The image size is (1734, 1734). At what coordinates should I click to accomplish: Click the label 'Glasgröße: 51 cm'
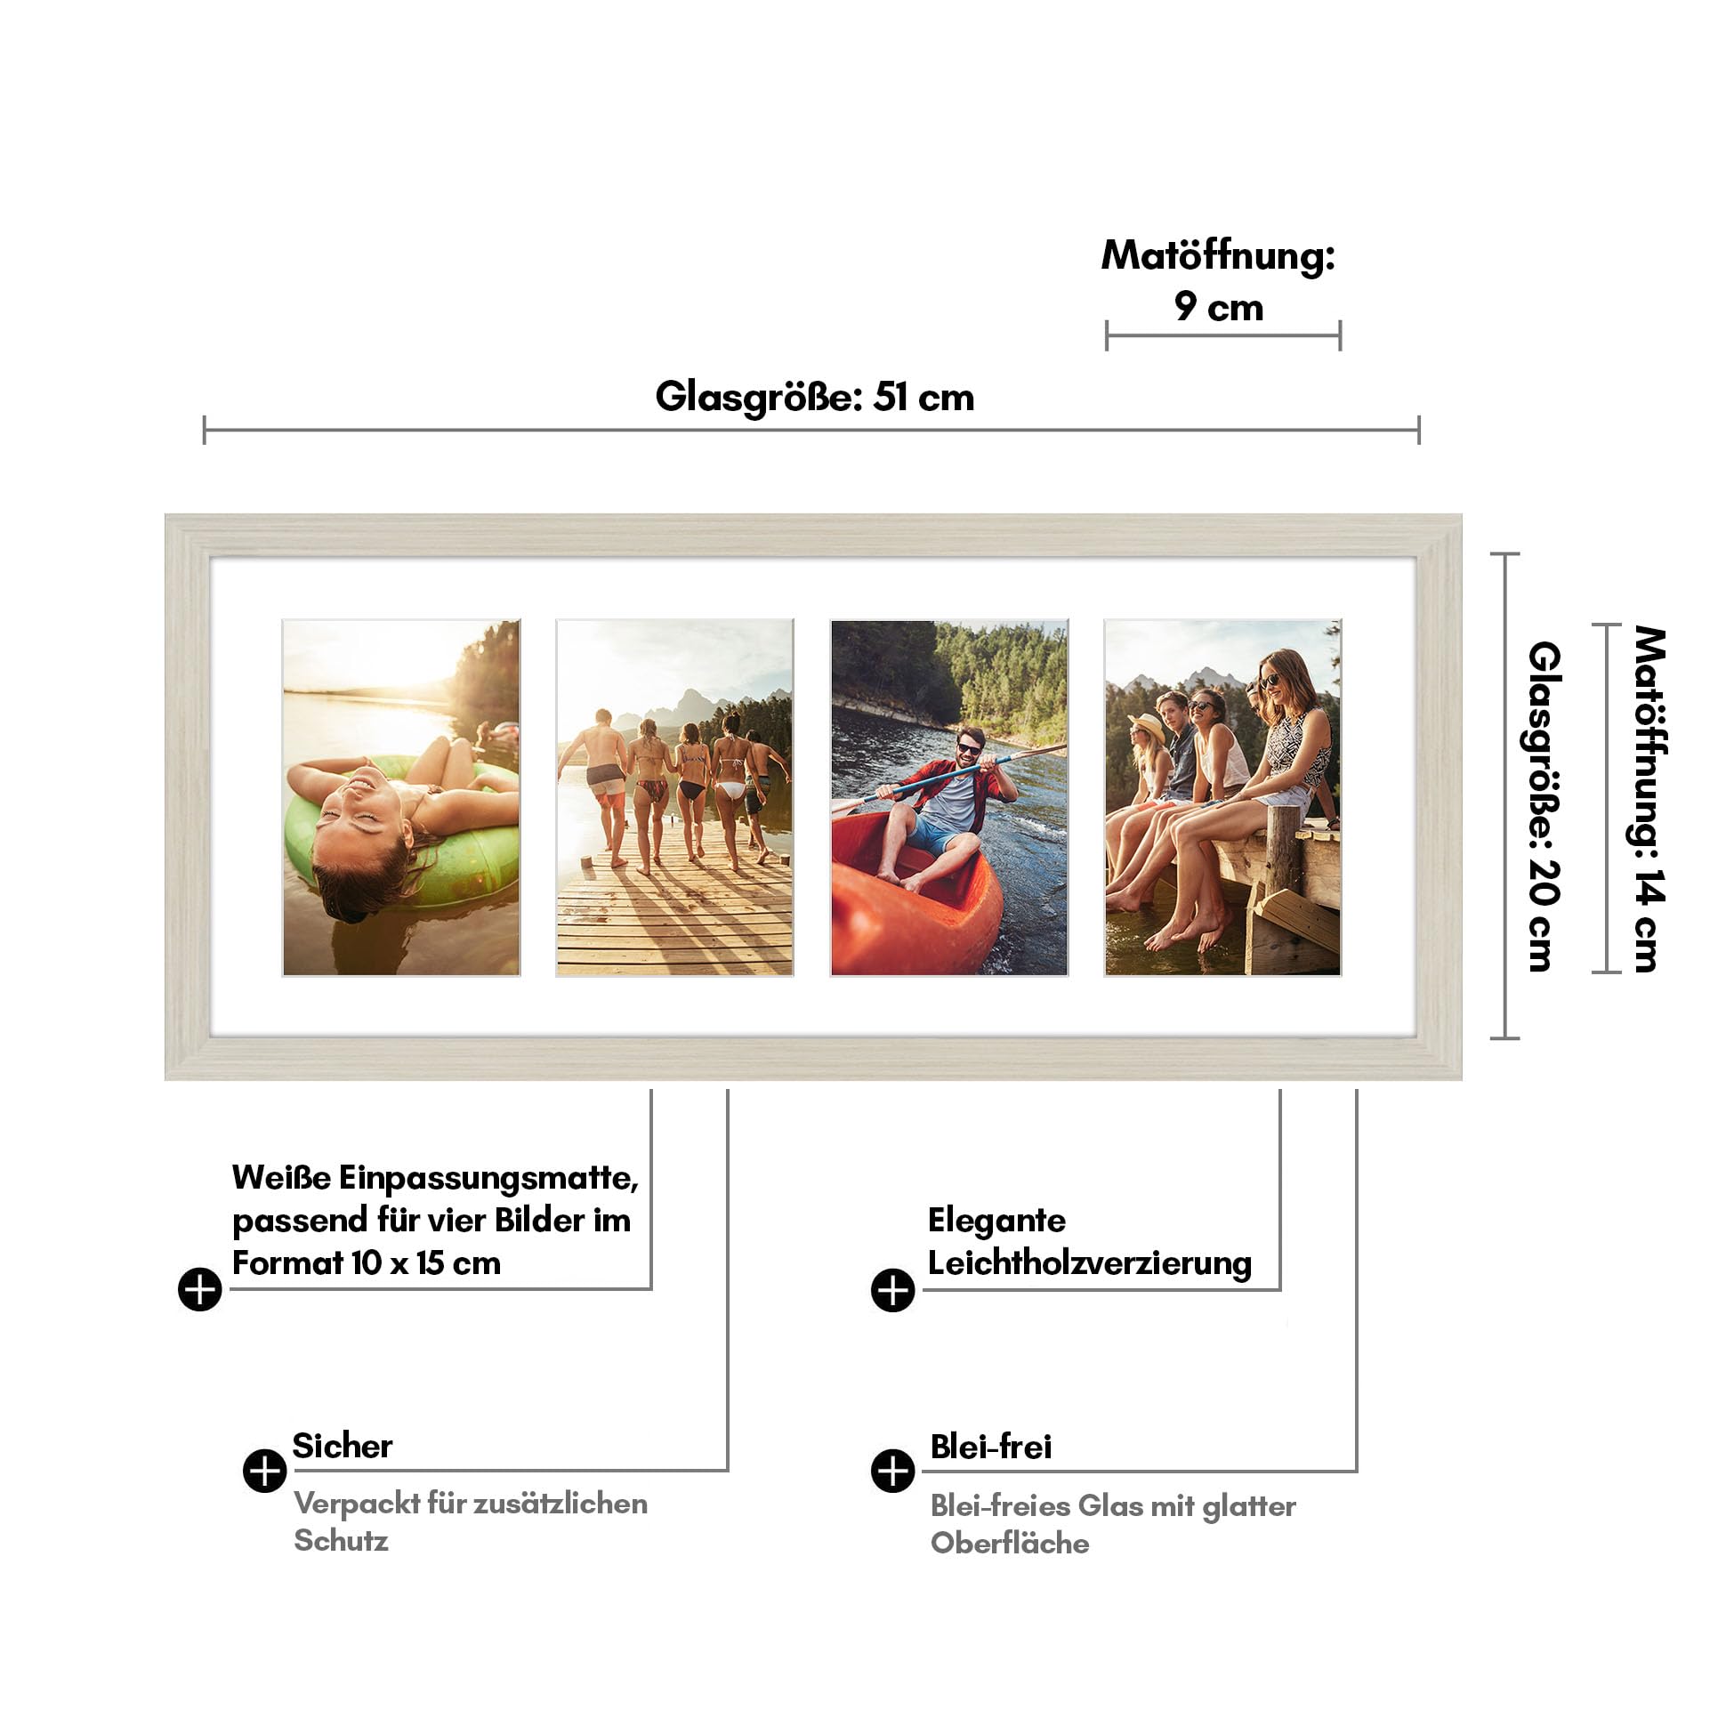click(x=814, y=397)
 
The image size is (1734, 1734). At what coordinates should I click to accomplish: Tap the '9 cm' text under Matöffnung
click(x=1219, y=307)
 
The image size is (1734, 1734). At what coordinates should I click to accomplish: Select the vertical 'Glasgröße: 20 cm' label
click(x=1544, y=805)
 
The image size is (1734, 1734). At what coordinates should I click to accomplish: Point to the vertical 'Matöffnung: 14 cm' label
click(x=1649, y=799)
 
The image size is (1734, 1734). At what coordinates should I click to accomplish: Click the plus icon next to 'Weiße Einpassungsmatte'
click(x=200, y=1290)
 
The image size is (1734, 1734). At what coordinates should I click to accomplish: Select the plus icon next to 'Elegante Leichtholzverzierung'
click(x=893, y=1290)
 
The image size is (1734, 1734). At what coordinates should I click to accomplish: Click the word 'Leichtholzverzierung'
click(x=1090, y=1262)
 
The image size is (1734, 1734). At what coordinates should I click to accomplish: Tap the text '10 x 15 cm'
click(x=425, y=1262)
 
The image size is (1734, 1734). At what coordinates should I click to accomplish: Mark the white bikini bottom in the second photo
click(x=731, y=790)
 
